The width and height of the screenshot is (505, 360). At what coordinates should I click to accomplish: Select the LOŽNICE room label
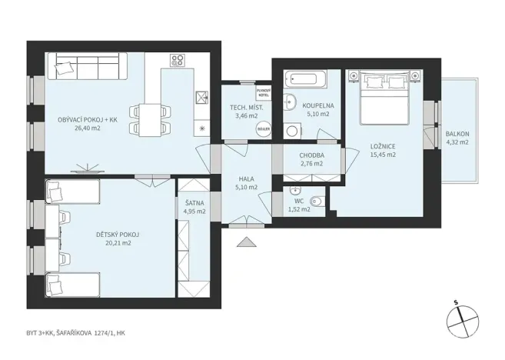382,145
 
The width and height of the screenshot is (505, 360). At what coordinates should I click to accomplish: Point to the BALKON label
457,134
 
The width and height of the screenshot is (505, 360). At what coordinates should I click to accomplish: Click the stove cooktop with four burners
177,60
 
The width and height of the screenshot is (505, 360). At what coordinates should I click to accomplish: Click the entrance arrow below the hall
247,244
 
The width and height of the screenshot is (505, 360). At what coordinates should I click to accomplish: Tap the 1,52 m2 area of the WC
298,208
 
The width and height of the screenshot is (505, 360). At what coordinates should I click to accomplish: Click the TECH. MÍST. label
245,107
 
